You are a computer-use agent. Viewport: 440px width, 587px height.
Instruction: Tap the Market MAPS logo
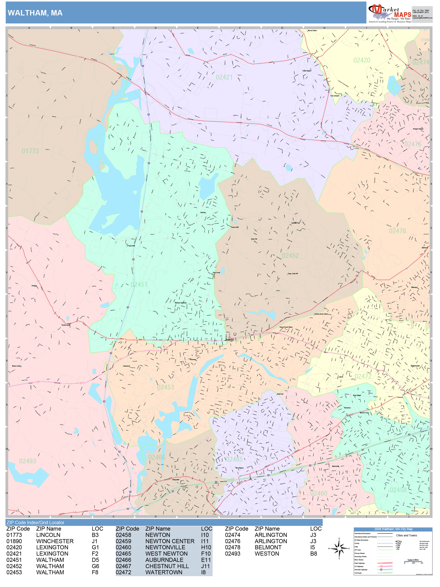click(x=389, y=13)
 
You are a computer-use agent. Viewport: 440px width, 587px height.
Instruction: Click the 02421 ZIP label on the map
click(x=224, y=77)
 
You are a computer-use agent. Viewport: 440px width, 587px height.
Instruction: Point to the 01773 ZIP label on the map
click(x=30, y=151)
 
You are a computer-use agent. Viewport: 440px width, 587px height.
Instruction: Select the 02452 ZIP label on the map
click(x=290, y=256)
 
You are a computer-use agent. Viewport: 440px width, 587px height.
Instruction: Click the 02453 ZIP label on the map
click(x=166, y=387)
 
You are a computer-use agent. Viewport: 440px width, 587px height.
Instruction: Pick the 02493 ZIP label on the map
click(x=27, y=461)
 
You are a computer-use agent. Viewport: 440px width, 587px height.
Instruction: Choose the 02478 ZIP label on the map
click(x=397, y=231)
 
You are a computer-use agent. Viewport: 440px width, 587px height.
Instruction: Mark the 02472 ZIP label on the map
click(x=363, y=376)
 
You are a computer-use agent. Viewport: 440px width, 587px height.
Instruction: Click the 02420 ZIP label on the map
click(x=362, y=60)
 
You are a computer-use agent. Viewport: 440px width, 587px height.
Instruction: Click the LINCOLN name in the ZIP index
click(x=48, y=535)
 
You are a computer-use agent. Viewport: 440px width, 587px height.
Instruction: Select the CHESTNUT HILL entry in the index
click(x=167, y=566)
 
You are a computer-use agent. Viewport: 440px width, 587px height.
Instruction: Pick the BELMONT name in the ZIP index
click(x=268, y=547)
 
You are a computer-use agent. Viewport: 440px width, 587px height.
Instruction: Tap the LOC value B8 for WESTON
click(x=314, y=554)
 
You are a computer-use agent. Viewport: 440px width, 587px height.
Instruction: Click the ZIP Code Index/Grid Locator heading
click(x=35, y=522)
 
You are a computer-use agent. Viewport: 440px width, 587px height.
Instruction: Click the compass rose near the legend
click(x=339, y=548)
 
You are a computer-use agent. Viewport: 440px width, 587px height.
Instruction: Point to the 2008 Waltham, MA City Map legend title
click(x=393, y=529)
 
